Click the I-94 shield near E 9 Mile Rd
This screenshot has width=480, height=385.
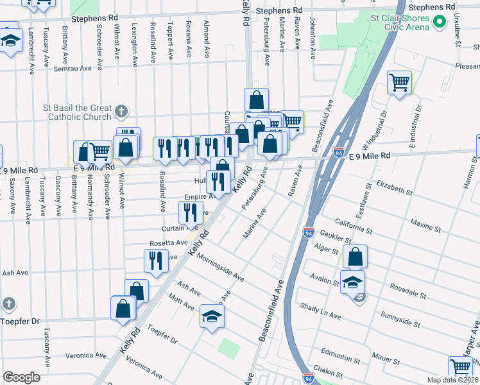(x=338, y=152)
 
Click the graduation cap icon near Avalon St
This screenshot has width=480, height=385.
(x=352, y=281)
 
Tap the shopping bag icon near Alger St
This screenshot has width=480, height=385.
(x=355, y=257)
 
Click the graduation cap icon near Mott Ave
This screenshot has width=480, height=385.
(x=212, y=316)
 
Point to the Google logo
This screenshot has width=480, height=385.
(x=21, y=377)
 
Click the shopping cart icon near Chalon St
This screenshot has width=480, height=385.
(x=461, y=367)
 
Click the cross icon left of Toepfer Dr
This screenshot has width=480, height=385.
(x=8, y=304)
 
